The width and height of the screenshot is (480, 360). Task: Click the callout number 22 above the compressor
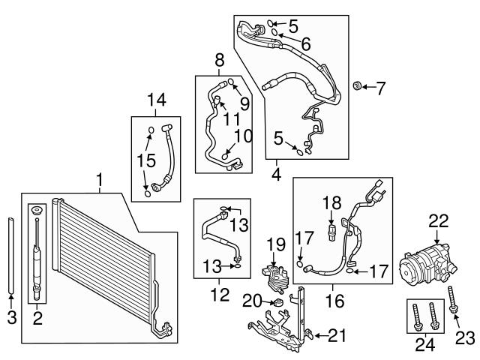438,221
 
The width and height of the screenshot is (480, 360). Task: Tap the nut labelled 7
356,85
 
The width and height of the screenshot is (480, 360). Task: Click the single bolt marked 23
452,299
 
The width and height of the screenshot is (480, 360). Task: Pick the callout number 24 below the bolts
425,345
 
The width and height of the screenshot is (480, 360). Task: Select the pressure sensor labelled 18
331,232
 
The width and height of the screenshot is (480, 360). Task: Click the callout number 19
276,244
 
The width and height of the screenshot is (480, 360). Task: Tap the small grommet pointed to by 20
278,302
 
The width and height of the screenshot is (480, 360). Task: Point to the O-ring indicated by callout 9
231,81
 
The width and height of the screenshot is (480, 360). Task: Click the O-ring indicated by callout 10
225,157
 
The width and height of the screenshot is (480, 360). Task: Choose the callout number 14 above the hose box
157,100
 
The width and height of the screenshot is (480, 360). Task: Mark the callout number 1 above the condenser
99,180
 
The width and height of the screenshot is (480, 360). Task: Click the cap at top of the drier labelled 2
37,211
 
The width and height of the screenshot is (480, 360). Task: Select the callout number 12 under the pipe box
220,294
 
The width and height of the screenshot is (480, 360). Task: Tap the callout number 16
334,301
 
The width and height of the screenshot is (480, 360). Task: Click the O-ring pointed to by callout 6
275,32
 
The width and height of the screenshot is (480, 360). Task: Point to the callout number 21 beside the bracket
337,336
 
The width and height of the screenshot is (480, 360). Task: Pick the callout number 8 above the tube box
220,60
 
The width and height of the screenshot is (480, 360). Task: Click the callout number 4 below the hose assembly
277,175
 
